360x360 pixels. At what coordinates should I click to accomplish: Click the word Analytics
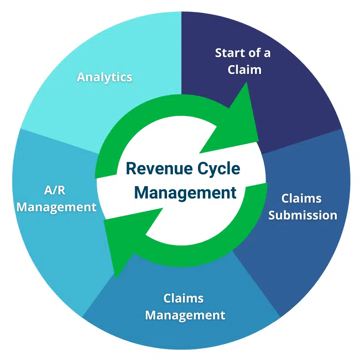pos(104,77)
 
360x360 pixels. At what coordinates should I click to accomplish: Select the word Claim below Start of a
pos(245,70)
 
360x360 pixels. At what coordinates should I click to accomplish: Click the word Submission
pos(302,215)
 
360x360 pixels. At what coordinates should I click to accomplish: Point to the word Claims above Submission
pos(301,198)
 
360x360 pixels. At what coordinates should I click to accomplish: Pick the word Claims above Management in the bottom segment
pos(183,298)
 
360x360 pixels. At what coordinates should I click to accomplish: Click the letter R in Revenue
pos(130,169)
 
